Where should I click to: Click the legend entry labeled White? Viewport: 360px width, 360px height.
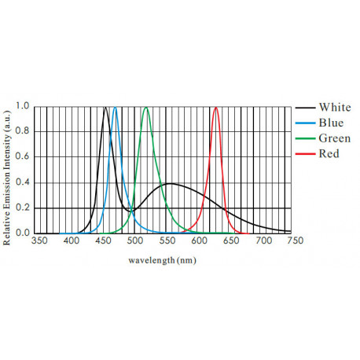tap(334, 108)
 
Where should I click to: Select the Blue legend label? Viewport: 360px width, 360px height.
tap(330, 123)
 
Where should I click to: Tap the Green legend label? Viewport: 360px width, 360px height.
tap(333, 138)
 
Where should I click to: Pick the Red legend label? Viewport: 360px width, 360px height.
tap(329, 154)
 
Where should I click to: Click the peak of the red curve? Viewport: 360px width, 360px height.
tap(216, 108)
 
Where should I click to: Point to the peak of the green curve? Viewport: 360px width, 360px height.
tap(146, 108)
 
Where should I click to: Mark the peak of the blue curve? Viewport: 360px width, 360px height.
tap(116, 108)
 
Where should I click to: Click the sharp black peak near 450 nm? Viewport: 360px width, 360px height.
tap(105, 108)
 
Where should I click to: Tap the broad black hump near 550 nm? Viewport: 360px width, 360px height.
tap(170, 184)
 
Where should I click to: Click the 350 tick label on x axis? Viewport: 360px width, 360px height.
tap(40, 242)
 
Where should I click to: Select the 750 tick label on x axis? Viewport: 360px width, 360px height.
tap(293, 242)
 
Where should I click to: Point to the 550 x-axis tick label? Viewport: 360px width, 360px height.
tap(167, 242)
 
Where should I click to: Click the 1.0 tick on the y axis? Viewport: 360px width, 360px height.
tap(23, 106)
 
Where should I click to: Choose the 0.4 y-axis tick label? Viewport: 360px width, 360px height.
tap(23, 182)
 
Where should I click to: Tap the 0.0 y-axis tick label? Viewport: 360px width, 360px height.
tap(23, 233)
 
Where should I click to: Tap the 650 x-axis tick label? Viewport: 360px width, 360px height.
tap(230, 242)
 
